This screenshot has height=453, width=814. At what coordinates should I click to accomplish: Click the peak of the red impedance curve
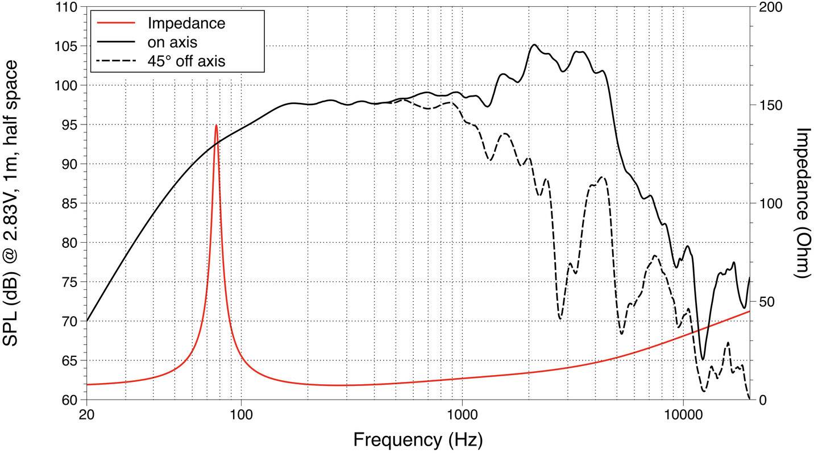(x=216, y=126)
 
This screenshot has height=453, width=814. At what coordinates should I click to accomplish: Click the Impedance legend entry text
(x=186, y=23)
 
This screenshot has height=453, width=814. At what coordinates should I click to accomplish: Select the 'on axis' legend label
(x=172, y=42)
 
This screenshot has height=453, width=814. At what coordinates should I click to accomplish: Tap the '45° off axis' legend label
(x=186, y=61)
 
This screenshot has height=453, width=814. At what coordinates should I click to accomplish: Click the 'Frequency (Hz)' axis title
(x=418, y=440)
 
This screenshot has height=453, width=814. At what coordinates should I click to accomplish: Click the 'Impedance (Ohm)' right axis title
(x=801, y=203)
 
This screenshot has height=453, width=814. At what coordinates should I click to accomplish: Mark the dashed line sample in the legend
(x=117, y=61)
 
